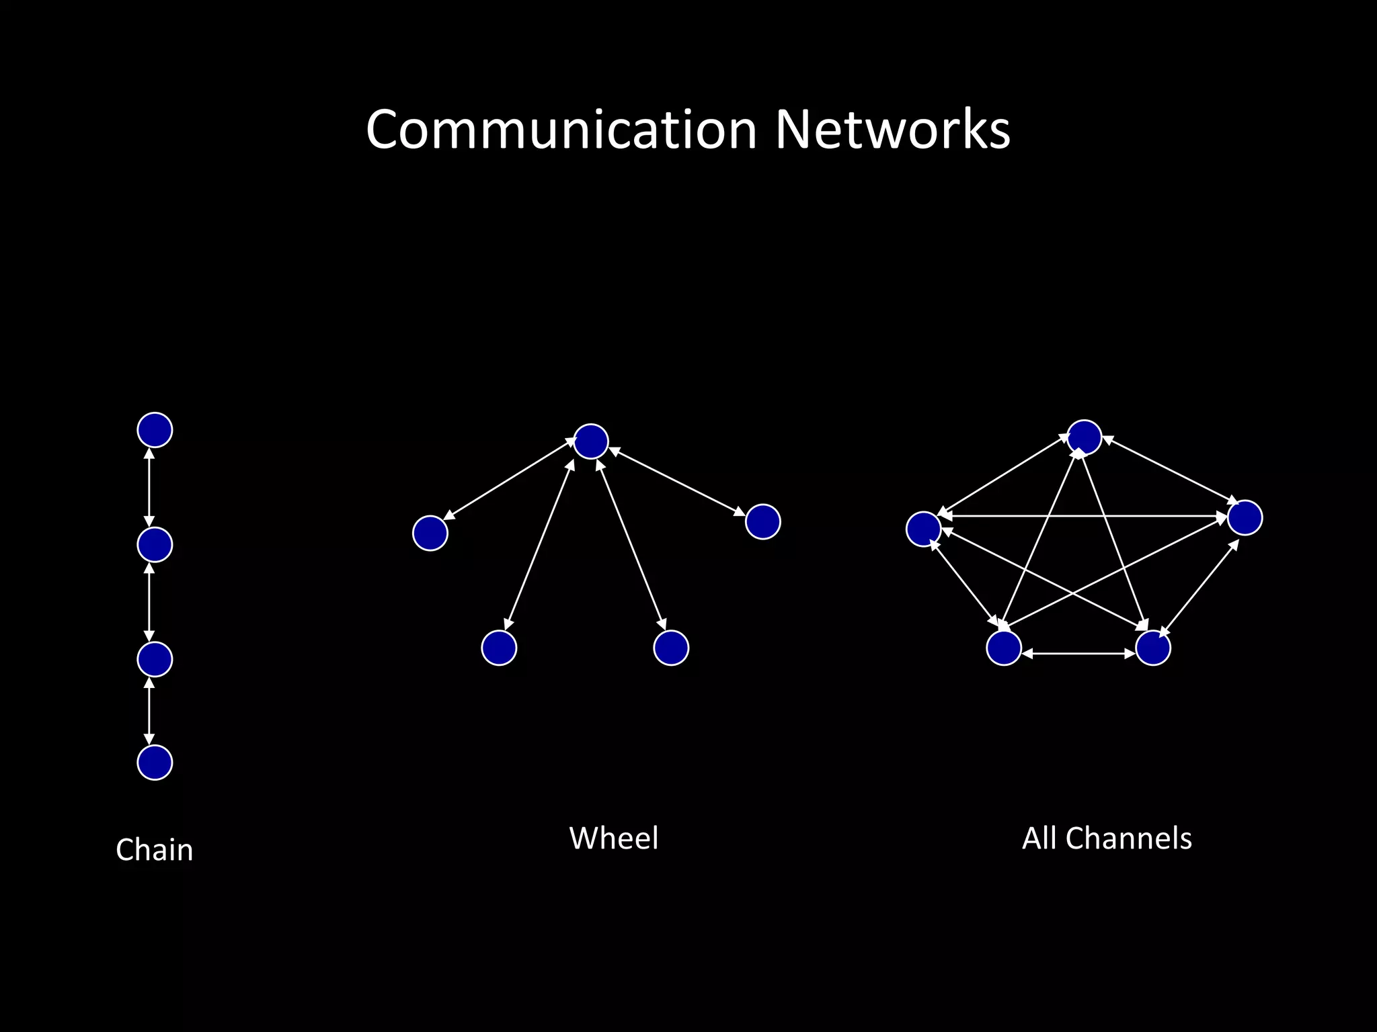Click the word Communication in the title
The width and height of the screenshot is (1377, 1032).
tap(561, 130)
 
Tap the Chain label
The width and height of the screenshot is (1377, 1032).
tap(155, 850)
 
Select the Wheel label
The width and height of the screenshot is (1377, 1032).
tap(614, 838)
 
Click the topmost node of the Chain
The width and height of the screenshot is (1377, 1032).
tap(155, 430)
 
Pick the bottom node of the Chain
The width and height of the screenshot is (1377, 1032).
tap(155, 763)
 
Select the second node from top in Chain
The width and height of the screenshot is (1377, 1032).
tap(155, 544)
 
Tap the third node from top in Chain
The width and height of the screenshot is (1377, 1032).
tap(155, 659)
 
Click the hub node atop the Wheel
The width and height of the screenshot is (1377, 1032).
tap(591, 441)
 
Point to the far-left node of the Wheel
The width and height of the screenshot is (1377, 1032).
tap(430, 533)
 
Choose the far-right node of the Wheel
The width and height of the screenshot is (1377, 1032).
tap(763, 522)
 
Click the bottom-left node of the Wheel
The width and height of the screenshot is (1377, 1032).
tap(499, 648)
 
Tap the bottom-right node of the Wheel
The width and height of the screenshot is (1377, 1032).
tap(671, 648)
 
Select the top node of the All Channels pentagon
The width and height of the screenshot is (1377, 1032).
tap(1085, 437)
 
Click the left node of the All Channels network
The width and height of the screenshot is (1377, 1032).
tap(923, 529)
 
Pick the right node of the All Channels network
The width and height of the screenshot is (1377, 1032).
tap(1245, 517)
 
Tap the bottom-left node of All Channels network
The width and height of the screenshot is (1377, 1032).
tap(1004, 648)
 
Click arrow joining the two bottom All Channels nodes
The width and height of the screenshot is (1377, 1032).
tap(1078, 653)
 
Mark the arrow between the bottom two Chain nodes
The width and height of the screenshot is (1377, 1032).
tap(149, 711)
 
